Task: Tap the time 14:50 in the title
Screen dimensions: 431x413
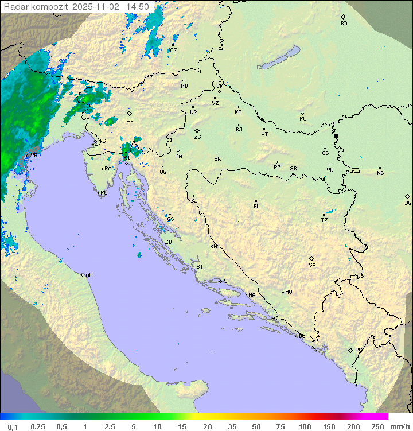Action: [x=138, y=7]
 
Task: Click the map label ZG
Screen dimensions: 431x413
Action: [x=197, y=137]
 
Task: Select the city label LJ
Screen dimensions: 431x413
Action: [x=130, y=119]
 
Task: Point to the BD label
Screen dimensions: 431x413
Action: [x=344, y=24]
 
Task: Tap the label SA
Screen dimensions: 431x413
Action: [x=312, y=265]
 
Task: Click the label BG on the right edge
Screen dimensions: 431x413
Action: [x=408, y=203]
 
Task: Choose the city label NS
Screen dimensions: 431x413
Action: [x=380, y=173]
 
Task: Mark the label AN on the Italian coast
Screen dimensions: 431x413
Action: [x=89, y=275]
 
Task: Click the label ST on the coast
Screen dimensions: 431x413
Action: [x=227, y=281]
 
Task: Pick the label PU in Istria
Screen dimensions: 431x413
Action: [x=104, y=193]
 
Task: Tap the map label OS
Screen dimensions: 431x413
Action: [x=325, y=153]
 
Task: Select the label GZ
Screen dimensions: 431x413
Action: [x=173, y=51]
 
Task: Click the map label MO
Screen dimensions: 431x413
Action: [x=289, y=292]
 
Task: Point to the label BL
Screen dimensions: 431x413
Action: [x=256, y=206]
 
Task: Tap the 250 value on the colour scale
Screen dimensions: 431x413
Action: [x=377, y=426]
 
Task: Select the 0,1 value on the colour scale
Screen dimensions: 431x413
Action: [x=13, y=426]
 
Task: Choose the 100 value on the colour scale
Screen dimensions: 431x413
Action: [x=305, y=426]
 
